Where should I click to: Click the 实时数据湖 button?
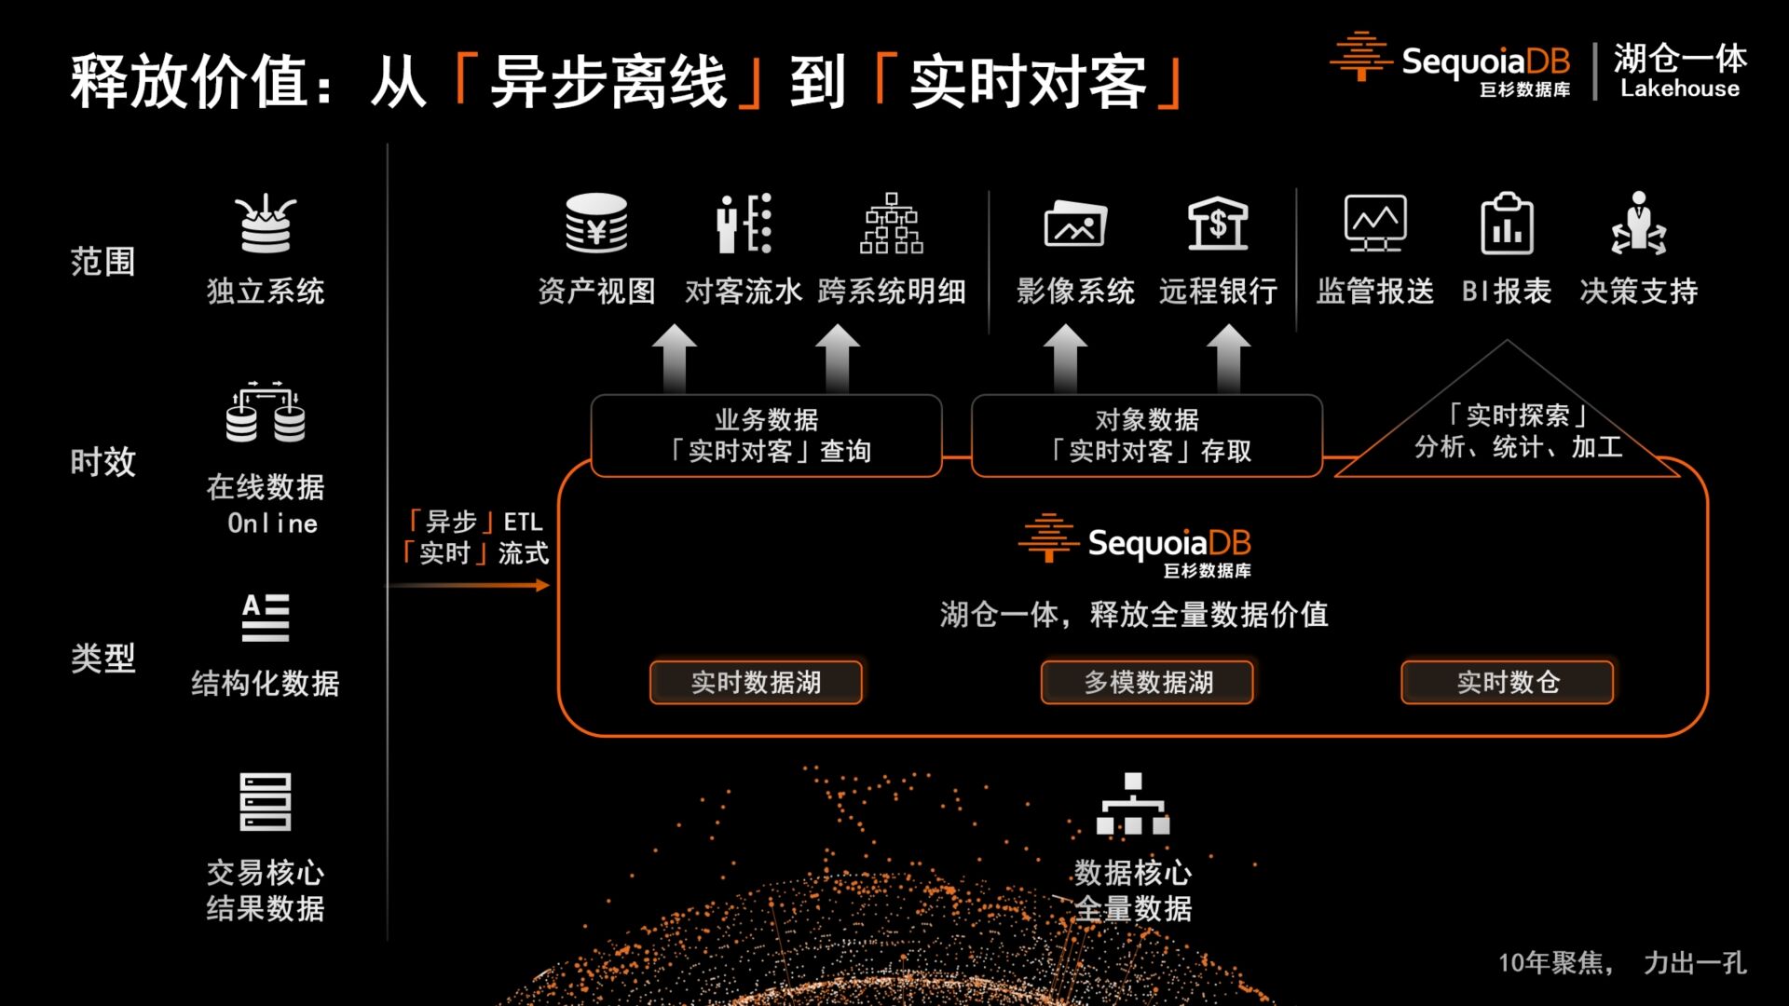click(x=756, y=683)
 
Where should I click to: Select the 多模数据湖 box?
click(x=1147, y=683)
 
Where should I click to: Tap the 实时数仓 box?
click(x=1508, y=683)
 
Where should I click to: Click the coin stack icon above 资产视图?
click(x=596, y=224)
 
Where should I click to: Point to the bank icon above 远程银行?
click(x=1218, y=224)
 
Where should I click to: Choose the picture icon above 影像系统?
click(x=1075, y=224)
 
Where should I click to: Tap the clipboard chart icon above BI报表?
click(x=1507, y=224)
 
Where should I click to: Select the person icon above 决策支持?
click(x=1639, y=224)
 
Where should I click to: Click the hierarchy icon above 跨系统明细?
click(x=892, y=224)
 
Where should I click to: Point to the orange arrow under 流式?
click(x=470, y=585)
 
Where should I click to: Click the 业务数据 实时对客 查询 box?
click(x=766, y=436)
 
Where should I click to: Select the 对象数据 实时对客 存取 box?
click(x=1147, y=436)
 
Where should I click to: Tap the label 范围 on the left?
click(x=103, y=262)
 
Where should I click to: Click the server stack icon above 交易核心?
click(x=266, y=802)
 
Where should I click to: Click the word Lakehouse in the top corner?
click(x=1680, y=88)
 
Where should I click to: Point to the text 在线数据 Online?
click(x=266, y=504)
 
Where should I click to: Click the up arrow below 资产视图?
click(x=675, y=359)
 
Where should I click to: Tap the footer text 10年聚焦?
click(x=1555, y=963)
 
